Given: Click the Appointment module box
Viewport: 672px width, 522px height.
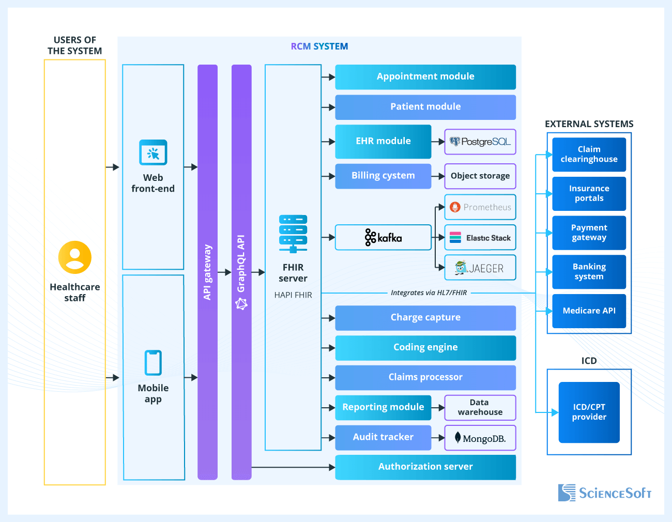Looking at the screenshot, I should [x=425, y=77].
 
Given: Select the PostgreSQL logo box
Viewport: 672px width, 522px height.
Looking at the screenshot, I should [x=480, y=142].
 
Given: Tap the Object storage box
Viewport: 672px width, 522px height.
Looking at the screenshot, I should [x=480, y=176].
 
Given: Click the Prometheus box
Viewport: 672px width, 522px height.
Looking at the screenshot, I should [x=480, y=207].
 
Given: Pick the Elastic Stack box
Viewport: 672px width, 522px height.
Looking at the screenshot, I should [x=480, y=238].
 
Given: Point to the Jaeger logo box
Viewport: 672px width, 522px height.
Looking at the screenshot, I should [x=480, y=268].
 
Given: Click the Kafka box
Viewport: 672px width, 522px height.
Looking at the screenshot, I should [x=383, y=238].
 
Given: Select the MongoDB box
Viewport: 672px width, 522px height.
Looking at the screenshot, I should [x=480, y=438].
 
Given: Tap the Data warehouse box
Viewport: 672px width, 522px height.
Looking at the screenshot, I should [x=480, y=408].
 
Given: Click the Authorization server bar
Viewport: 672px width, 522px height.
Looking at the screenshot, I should [x=425, y=467].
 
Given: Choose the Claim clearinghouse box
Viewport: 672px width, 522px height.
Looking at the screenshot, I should [x=589, y=155].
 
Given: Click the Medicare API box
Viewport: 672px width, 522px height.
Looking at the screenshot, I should [x=589, y=311].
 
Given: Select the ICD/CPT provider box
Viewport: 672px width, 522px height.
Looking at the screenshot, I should [x=589, y=412].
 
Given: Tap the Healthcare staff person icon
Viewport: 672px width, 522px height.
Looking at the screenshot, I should [x=75, y=257].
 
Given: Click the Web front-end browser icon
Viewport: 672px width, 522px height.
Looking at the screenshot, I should [x=153, y=153].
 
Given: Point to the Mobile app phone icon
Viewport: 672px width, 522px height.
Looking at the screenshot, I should [x=153, y=363].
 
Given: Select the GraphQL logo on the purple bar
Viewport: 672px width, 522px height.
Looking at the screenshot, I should [x=241, y=304].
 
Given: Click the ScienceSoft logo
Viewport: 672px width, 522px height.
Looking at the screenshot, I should [x=604, y=493].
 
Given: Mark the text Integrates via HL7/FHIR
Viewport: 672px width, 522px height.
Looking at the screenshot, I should [x=429, y=293].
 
